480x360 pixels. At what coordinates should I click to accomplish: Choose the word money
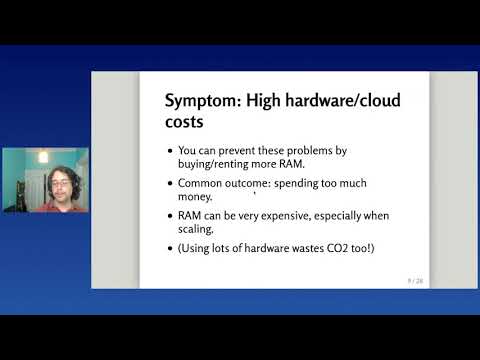195,198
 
